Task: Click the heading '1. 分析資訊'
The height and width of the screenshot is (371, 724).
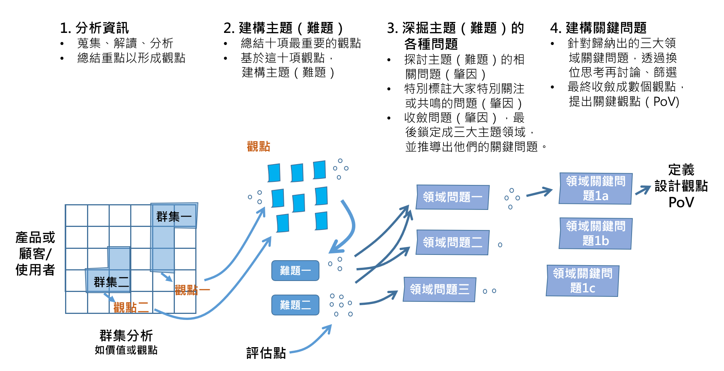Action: (94, 28)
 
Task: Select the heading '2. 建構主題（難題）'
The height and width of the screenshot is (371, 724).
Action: (283, 28)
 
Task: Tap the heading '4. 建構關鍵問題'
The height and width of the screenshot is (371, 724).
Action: (598, 28)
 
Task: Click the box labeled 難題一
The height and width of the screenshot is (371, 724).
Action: (295, 270)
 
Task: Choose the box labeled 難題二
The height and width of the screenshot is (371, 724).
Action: (295, 305)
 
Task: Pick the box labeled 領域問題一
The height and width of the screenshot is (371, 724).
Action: (453, 197)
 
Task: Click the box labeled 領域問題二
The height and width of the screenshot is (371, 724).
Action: (453, 242)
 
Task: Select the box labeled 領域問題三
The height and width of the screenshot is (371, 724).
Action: (439, 289)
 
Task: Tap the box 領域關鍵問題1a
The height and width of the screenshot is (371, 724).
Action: (596, 188)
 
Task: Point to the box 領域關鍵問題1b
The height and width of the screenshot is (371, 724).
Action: (596, 233)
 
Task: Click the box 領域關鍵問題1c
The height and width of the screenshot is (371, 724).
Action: (583, 281)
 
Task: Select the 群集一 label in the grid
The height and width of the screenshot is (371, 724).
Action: (174, 217)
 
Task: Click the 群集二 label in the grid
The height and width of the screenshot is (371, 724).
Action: (111, 282)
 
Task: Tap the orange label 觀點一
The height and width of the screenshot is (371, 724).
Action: (192, 290)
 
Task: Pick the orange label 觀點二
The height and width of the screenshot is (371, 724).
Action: (131, 307)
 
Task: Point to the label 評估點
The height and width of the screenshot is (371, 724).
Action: (266, 353)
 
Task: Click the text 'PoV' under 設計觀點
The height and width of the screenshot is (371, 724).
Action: (681, 202)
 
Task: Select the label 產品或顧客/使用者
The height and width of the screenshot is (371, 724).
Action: (35, 253)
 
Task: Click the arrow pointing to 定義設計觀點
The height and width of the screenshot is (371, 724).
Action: (643, 190)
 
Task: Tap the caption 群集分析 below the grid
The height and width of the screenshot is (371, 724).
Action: (126, 335)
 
